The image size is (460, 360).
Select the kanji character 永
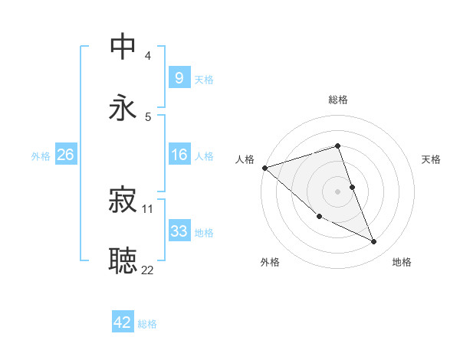(x=123, y=108)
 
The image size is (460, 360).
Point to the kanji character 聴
(x=123, y=260)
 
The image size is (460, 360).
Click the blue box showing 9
(x=179, y=78)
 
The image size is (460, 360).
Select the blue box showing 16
(x=179, y=155)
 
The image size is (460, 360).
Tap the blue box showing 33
(x=179, y=231)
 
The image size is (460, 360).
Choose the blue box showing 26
(x=65, y=155)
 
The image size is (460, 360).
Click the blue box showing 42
(x=122, y=322)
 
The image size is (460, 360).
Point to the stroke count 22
(x=147, y=270)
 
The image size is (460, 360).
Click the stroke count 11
(x=147, y=208)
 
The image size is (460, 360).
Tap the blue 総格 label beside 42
(x=147, y=323)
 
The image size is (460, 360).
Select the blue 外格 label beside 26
(x=41, y=155)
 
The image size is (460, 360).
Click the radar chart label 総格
(x=337, y=100)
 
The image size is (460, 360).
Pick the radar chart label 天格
(x=431, y=159)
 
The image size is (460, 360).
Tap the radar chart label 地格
(x=402, y=262)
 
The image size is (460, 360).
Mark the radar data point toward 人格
(x=264, y=168)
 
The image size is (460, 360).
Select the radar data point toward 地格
(x=374, y=242)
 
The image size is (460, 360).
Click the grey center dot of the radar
(x=337, y=191)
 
